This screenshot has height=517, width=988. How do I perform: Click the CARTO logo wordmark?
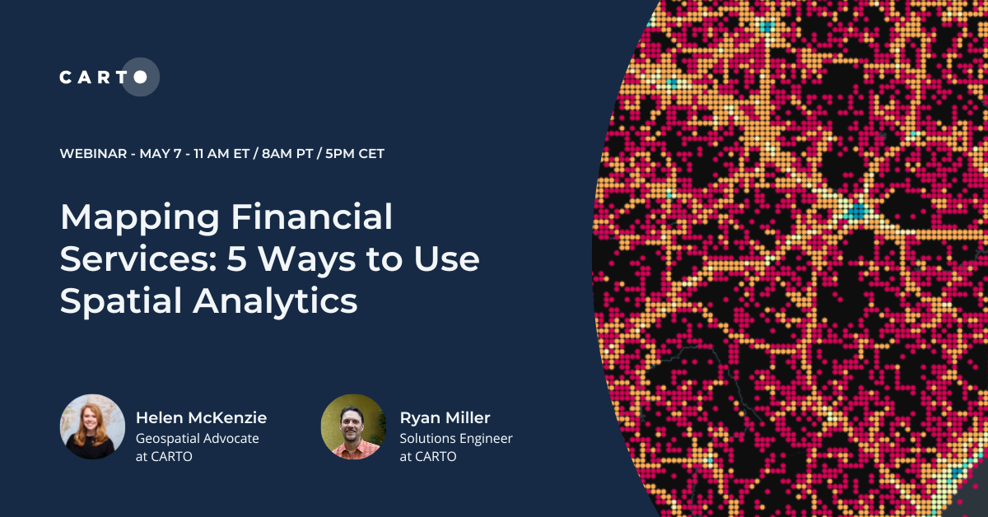102,77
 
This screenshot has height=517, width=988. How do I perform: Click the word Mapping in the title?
137,217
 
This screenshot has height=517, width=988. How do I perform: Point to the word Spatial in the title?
119,301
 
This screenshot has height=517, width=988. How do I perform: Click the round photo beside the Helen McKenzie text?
92,426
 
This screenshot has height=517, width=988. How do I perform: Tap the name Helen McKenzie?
201,418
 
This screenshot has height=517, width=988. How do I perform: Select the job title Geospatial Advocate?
197,439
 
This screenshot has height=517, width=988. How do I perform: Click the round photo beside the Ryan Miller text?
353,426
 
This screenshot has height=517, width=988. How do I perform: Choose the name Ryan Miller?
445,418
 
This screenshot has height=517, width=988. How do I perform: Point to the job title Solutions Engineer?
456,439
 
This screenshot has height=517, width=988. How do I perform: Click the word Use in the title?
448,259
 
